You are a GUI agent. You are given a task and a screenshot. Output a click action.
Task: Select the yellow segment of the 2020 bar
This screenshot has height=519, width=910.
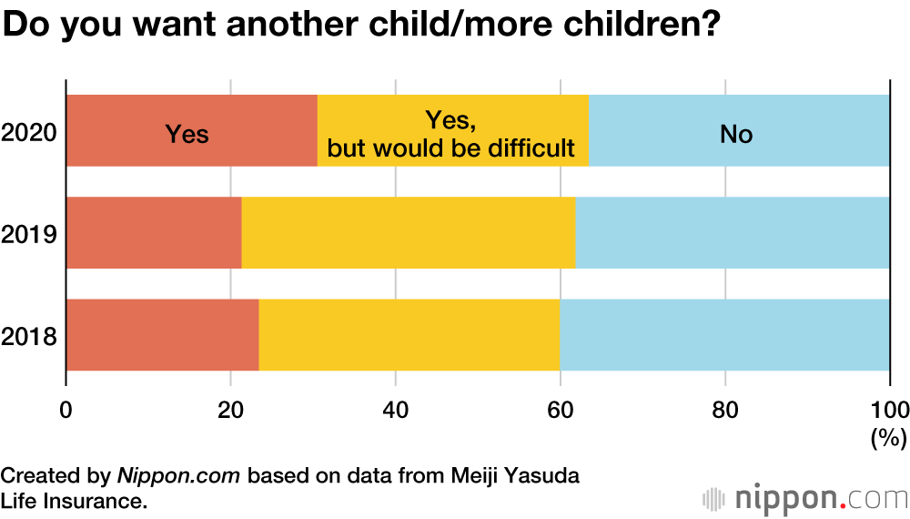pyautogui.click(x=453, y=131)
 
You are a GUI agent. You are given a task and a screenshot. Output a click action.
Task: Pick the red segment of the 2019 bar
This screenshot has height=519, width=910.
pyautogui.click(x=154, y=233)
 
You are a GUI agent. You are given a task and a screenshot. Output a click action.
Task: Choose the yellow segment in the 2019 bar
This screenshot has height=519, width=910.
pyautogui.click(x=409, y=233)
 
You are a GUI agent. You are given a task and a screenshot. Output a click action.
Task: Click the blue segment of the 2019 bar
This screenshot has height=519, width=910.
pyautogui.click(x=733, y=233)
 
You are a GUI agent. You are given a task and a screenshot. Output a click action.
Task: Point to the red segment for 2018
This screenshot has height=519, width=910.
pyautogui.click(x=163, y=335)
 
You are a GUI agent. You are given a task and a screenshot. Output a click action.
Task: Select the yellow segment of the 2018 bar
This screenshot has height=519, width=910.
pyautogui.click(x=409, y=335)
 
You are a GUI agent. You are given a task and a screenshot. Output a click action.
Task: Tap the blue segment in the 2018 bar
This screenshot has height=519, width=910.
pyautogui.click(x=724, y=335)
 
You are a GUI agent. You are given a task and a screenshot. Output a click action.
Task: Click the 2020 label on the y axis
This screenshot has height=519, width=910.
pyautogui.click(x=29, y=133)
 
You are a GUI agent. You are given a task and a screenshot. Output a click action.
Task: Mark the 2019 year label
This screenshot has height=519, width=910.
pyautogui.click(x=29, y=235)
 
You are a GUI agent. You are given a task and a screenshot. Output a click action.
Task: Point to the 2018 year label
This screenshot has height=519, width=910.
pyautogui.click(x=29, y=337)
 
